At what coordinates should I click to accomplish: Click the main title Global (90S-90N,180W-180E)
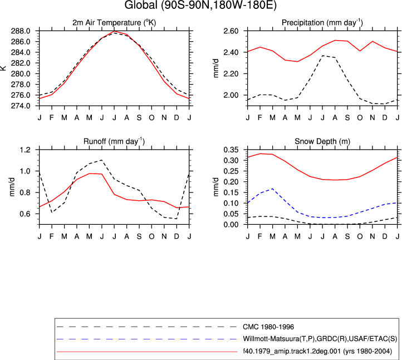[x=200, y=5]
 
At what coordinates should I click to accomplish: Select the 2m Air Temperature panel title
[x=114, y=23]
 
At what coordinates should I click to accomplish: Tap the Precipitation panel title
[x=322, y=23]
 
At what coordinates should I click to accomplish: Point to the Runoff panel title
[x=114, y=141]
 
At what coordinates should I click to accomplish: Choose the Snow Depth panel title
[x=322, y=141]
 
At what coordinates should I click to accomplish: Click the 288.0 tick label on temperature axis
[x=21, y=31]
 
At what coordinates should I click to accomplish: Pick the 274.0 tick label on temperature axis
[x=21, y=106]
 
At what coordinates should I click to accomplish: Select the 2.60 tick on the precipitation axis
[x=231, y=31]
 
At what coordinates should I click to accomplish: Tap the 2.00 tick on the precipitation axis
[x=231, y=95]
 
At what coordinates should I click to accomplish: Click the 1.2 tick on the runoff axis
[x=25, y=150]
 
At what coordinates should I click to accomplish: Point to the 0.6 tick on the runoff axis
[x=25, y=214]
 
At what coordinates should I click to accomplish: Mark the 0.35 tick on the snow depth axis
[x=231, y=150]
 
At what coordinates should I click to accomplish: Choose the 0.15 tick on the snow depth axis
[x=231, y=193]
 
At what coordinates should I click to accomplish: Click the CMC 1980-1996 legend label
[x=268, y=327]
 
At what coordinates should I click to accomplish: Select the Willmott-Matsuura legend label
[x=320, y=339]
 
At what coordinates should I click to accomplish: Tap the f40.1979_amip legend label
[x=317, y=351]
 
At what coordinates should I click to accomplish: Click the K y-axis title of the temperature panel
[x=3, y=68]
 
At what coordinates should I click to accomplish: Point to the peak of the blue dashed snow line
[x=272, y=189]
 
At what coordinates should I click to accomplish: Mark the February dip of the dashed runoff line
[x=52, y=213]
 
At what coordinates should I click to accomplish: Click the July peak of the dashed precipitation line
[x=322, y=56]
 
